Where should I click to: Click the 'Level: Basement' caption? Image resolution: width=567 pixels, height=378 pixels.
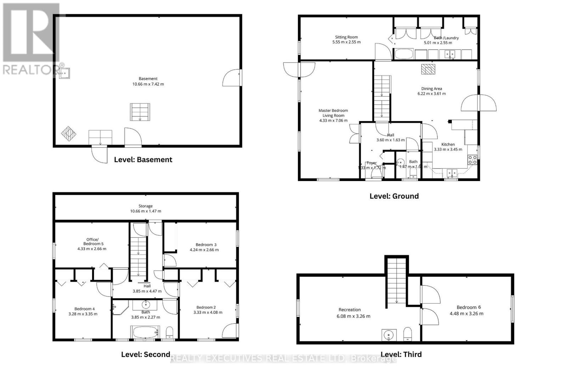[143, 159]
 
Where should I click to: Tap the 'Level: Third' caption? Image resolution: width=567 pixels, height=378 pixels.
[401, 354]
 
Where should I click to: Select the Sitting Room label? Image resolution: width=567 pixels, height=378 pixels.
[346, 37]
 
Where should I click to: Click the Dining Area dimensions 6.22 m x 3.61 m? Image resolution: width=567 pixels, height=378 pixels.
[431, 94]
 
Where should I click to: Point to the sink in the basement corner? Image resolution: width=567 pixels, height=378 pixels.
[64, 73]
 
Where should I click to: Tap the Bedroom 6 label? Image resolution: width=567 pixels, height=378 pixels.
[468, 307]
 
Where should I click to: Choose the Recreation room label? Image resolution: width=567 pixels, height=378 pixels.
[349, 310]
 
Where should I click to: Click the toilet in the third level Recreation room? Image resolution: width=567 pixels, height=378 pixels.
[408, 333]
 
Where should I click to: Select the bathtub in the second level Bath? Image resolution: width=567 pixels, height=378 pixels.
[145, 333]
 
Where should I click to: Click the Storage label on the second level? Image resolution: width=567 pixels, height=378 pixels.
[145, 206]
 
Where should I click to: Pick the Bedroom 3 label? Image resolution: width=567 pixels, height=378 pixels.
[206, 244]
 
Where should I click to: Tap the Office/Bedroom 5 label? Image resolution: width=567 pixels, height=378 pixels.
[92, 242]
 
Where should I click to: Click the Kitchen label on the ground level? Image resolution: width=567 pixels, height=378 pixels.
[448, 144]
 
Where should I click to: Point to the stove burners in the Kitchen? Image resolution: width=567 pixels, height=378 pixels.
[472, 160]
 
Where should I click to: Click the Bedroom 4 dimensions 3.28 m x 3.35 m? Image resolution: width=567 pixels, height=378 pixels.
[83, 314]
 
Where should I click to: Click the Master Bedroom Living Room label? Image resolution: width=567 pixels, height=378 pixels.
[333, 113]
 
